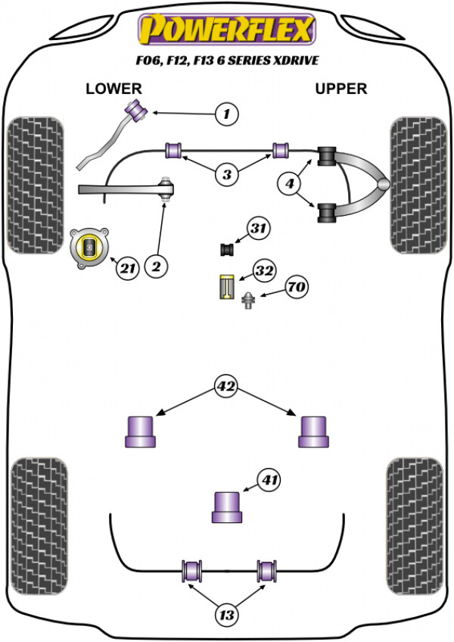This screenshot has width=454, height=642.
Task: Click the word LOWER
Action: point(113,89)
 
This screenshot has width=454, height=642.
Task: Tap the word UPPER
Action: point(340,89)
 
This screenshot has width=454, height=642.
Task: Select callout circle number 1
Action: point(227,114)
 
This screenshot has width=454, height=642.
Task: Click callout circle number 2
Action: point(157,267)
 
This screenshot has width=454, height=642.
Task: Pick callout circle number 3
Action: point(227,175)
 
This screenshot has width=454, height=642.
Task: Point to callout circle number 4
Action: point(290,183)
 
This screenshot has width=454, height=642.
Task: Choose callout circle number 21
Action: point(128,269)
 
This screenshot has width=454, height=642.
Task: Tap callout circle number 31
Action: point(258,228)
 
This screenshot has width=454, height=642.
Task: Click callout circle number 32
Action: point(265,270)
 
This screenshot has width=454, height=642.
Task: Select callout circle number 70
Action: point(297,287)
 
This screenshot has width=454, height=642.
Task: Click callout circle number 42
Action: point(226,386)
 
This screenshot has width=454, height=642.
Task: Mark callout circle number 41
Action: point(269,479)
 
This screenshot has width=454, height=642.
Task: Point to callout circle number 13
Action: point(226,615)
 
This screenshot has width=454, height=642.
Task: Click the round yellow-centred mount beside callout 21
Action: point(89,248)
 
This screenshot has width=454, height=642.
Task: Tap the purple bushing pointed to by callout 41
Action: point(227,507)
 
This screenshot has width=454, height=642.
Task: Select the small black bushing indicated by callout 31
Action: point(227,249)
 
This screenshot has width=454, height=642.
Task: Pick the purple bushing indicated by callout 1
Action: point(138,109)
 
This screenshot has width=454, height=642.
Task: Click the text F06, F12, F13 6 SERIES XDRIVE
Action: point(227,61)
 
